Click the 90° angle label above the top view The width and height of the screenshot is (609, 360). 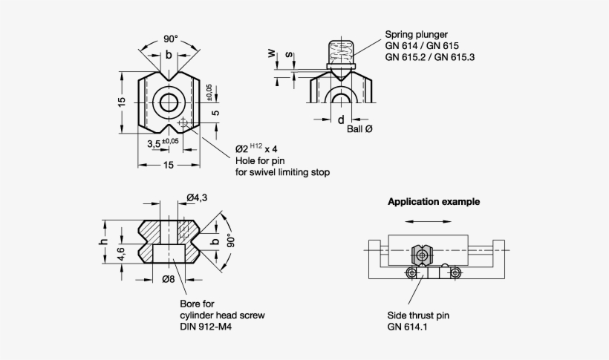pyautogui.click(x=170, y=39)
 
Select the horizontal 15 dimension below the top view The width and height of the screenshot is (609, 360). pyautogui.click(x=169, y=165)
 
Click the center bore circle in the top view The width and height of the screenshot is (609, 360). pyautogui.click(x=169, y=102)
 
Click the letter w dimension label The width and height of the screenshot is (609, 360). pyautogui.click(x=271, y=53)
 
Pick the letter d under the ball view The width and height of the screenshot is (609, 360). pyautogui.click(x=340, y=120)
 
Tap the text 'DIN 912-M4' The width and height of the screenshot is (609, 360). pyautogui.click(x=206, y=327)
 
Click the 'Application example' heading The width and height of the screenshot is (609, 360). pyautogui.click(x=434, y=201)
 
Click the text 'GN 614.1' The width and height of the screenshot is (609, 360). pyautogui.click(x=406, y=327)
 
